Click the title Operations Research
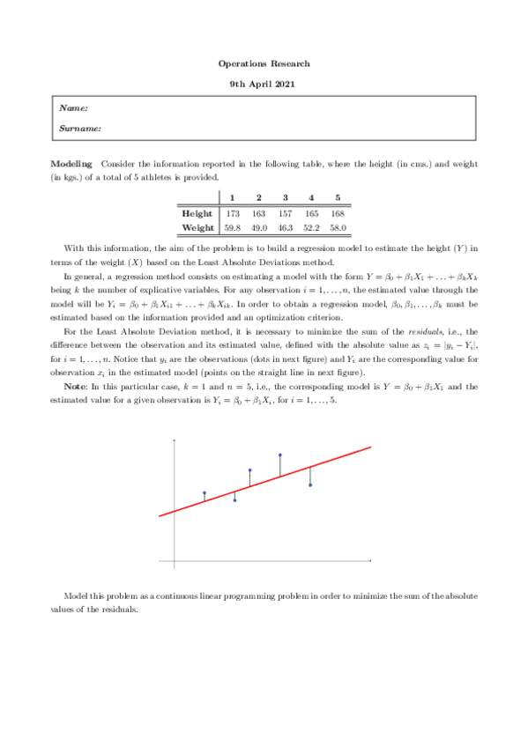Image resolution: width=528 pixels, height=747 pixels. point(264,64)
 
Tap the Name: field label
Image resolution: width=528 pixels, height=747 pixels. point(73,107)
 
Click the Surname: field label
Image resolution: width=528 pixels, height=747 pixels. point(79,128)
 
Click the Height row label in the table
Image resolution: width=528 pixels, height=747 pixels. point(196,214)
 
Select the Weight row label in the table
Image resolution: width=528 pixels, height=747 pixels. point(196,227)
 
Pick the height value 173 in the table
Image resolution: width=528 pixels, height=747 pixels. point(233,214)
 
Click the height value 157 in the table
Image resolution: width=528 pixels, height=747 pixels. point(285,214)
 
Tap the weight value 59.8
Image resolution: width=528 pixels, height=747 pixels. point(233,227)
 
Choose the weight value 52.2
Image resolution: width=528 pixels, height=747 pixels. point(311,227)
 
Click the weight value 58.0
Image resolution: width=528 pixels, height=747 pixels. point(338,227)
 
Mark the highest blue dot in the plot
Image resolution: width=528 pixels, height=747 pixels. point(280,455)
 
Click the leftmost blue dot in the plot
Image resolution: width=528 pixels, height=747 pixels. point(205,493)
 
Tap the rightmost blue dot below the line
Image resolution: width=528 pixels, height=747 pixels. point(310,485)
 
